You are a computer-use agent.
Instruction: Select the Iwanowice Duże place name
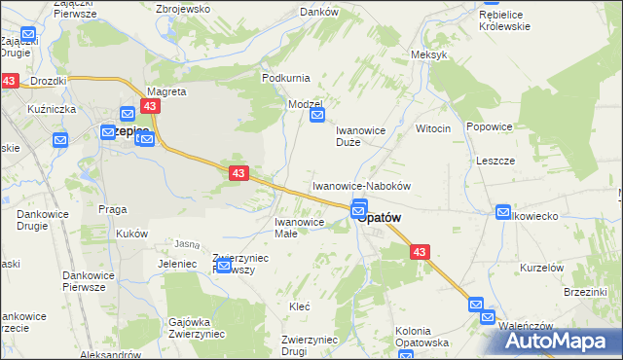click(362, 135)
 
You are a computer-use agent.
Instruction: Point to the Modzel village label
click(304, 103)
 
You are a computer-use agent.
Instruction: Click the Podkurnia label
click(284, 77)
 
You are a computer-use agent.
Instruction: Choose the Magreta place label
click(166, 90)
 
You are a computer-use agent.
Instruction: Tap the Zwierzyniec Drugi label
click(310, 344)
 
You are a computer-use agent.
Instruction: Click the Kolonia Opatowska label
click(421, 338)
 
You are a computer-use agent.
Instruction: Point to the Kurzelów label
click(542, 268)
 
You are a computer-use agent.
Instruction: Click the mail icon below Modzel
click(317, 116)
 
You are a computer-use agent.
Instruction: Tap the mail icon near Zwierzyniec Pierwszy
click(223, 266)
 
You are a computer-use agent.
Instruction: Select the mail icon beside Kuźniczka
click(59, 140)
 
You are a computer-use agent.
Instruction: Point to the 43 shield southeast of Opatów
click(420, 252)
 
